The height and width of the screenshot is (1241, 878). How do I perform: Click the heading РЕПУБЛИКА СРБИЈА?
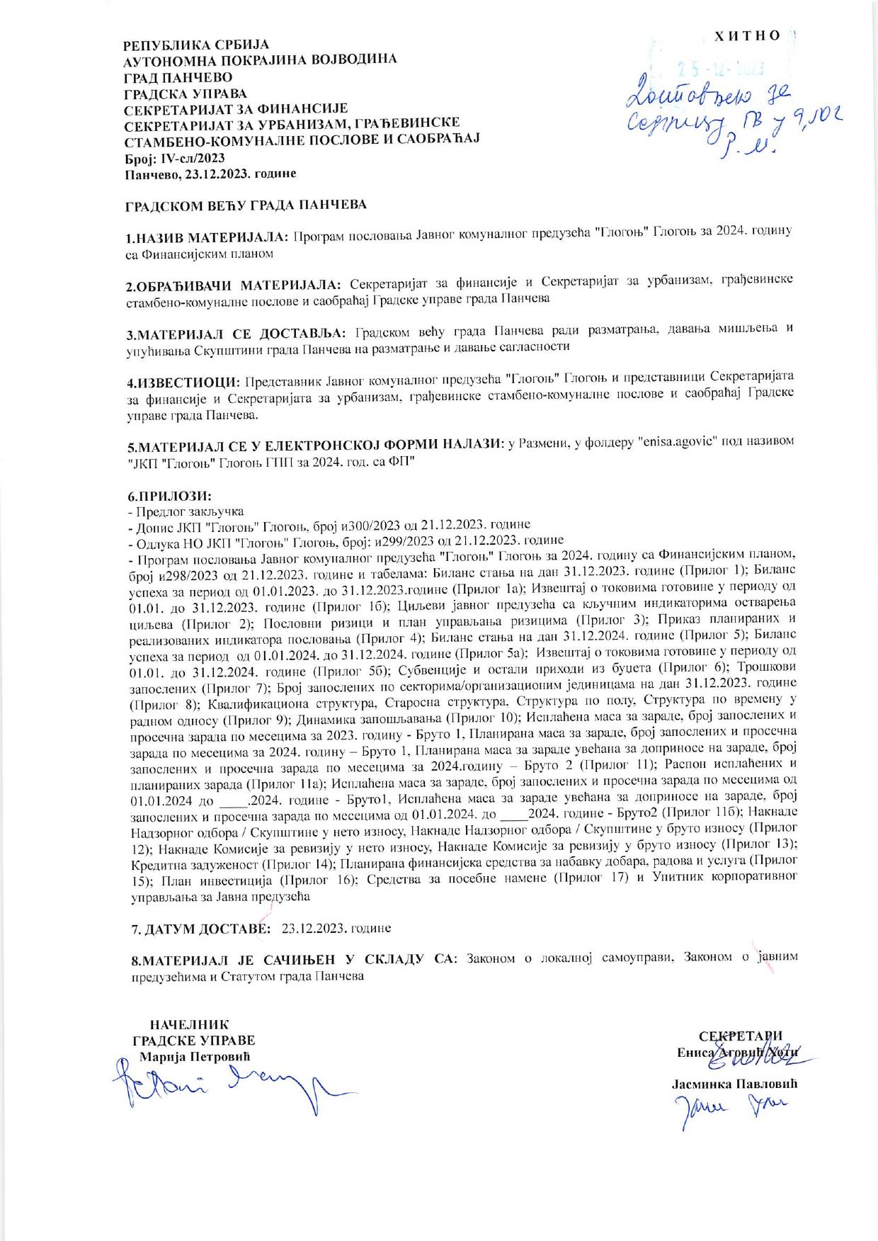click(x=186, y=45)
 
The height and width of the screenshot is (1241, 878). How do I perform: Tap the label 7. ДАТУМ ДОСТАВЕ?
click(x=199, y=928)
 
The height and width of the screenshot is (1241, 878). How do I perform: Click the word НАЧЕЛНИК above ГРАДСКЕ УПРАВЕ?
click(x=190, y=1024)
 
